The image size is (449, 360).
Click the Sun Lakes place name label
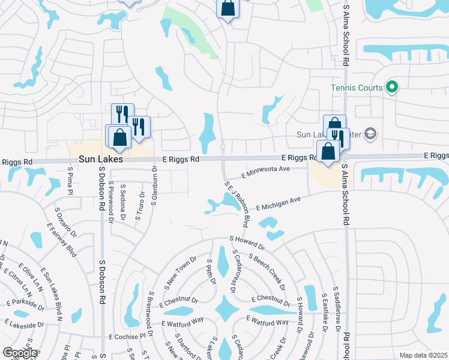(101, 160)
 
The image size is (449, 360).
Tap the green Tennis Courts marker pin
(391, 88)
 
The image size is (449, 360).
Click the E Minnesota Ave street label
(265, 172)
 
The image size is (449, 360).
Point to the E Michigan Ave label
(277, 203)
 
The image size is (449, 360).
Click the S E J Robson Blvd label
(237, 204)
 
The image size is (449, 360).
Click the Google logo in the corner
(20, 353)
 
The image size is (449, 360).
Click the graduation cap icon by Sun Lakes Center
(371, 133)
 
